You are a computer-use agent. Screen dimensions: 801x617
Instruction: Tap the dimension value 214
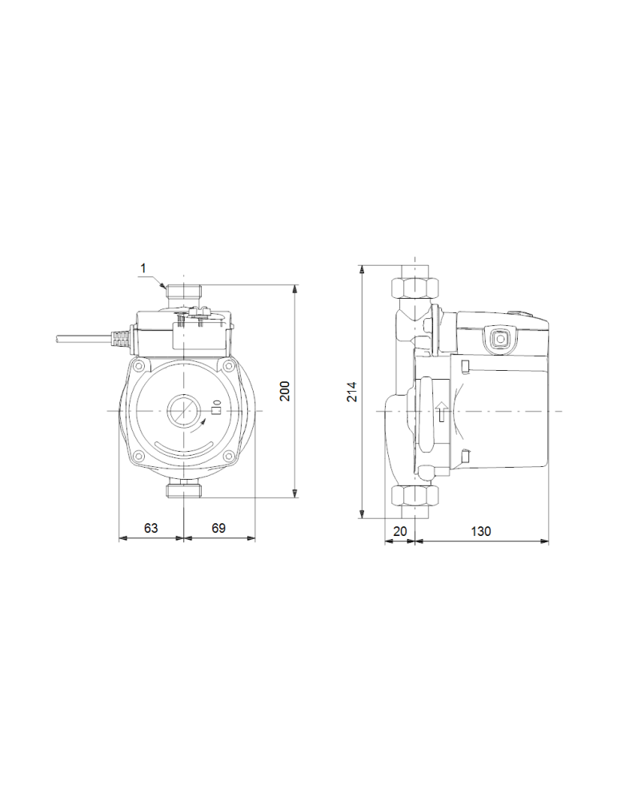point(352,392)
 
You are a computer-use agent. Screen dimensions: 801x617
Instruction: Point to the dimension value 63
point(150,529)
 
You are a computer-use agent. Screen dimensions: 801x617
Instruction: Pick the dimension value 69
point(219,529)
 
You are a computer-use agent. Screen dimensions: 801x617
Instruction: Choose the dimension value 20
point(400,531)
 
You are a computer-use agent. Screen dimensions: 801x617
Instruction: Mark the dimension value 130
point(481,531)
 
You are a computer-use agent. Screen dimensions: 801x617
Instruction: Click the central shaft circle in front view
point(184,411)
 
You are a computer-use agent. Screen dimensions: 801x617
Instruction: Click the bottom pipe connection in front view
point(184,488)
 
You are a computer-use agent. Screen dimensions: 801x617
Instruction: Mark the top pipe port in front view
point(184,292)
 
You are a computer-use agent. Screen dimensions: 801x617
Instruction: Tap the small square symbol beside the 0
point(214,411)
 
